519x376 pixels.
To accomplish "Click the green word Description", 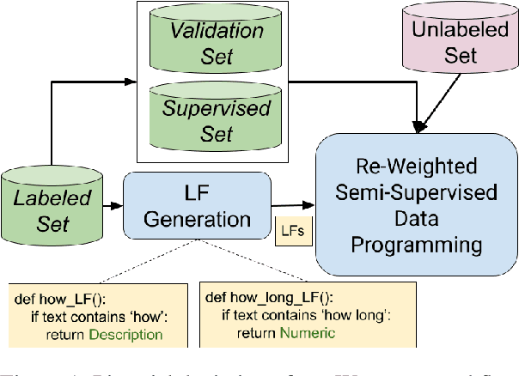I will click(x=125, y=334).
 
